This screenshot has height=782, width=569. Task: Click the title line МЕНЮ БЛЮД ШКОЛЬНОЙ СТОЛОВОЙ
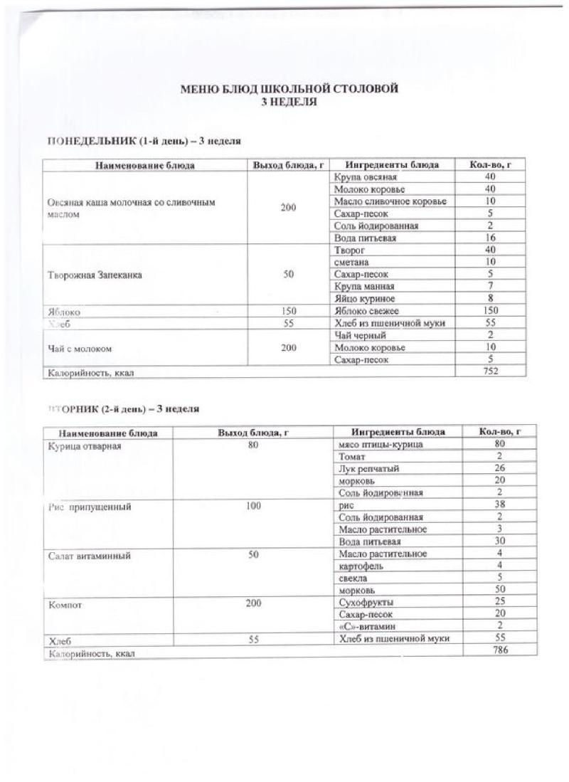click(x=289, y=89)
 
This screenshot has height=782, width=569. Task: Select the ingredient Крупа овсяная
click(x=363, y=177)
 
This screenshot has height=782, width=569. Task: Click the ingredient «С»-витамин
click(x=368, y=626)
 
